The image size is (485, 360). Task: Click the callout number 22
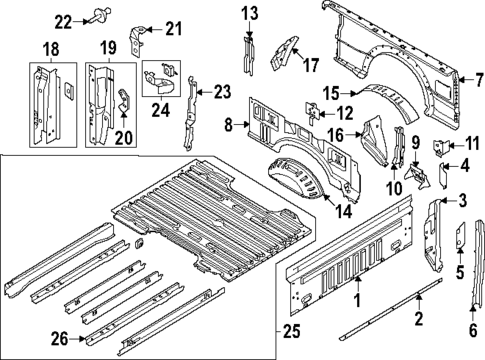click(63, 20)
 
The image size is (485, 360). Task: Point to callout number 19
click(103, 48)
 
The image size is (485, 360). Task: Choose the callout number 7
click(478, 79)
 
